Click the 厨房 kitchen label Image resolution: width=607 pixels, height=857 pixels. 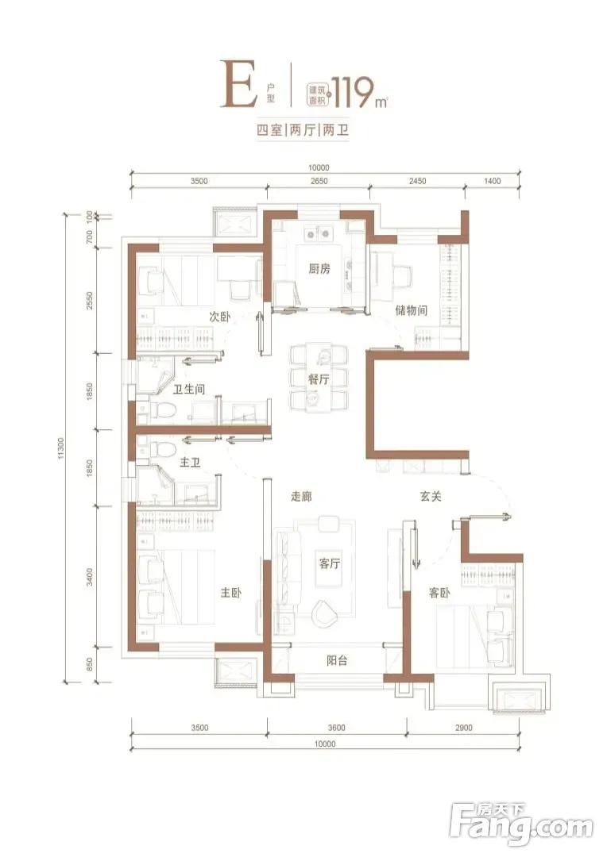point(319,268)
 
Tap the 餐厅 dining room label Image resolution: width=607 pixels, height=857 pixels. point(319,379)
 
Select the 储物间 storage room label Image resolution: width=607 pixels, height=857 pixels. point(411,310)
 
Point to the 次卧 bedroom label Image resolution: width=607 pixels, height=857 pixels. point(219,317)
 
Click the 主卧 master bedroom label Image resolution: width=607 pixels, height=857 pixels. point(230,593)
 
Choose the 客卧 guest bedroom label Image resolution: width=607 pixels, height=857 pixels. point(439,592)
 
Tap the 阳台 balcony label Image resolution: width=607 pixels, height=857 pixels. point(337,660)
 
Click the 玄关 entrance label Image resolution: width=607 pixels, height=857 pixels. point(431,497)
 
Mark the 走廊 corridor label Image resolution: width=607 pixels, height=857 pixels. point(301,497)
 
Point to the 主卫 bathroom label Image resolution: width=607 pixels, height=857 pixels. point(190,463)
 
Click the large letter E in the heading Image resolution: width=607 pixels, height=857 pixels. point(238,86)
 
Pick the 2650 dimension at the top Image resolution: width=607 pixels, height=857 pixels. point(319,182)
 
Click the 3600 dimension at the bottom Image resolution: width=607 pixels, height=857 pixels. point(337,728)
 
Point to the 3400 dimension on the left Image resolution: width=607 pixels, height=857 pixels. point(91,577)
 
